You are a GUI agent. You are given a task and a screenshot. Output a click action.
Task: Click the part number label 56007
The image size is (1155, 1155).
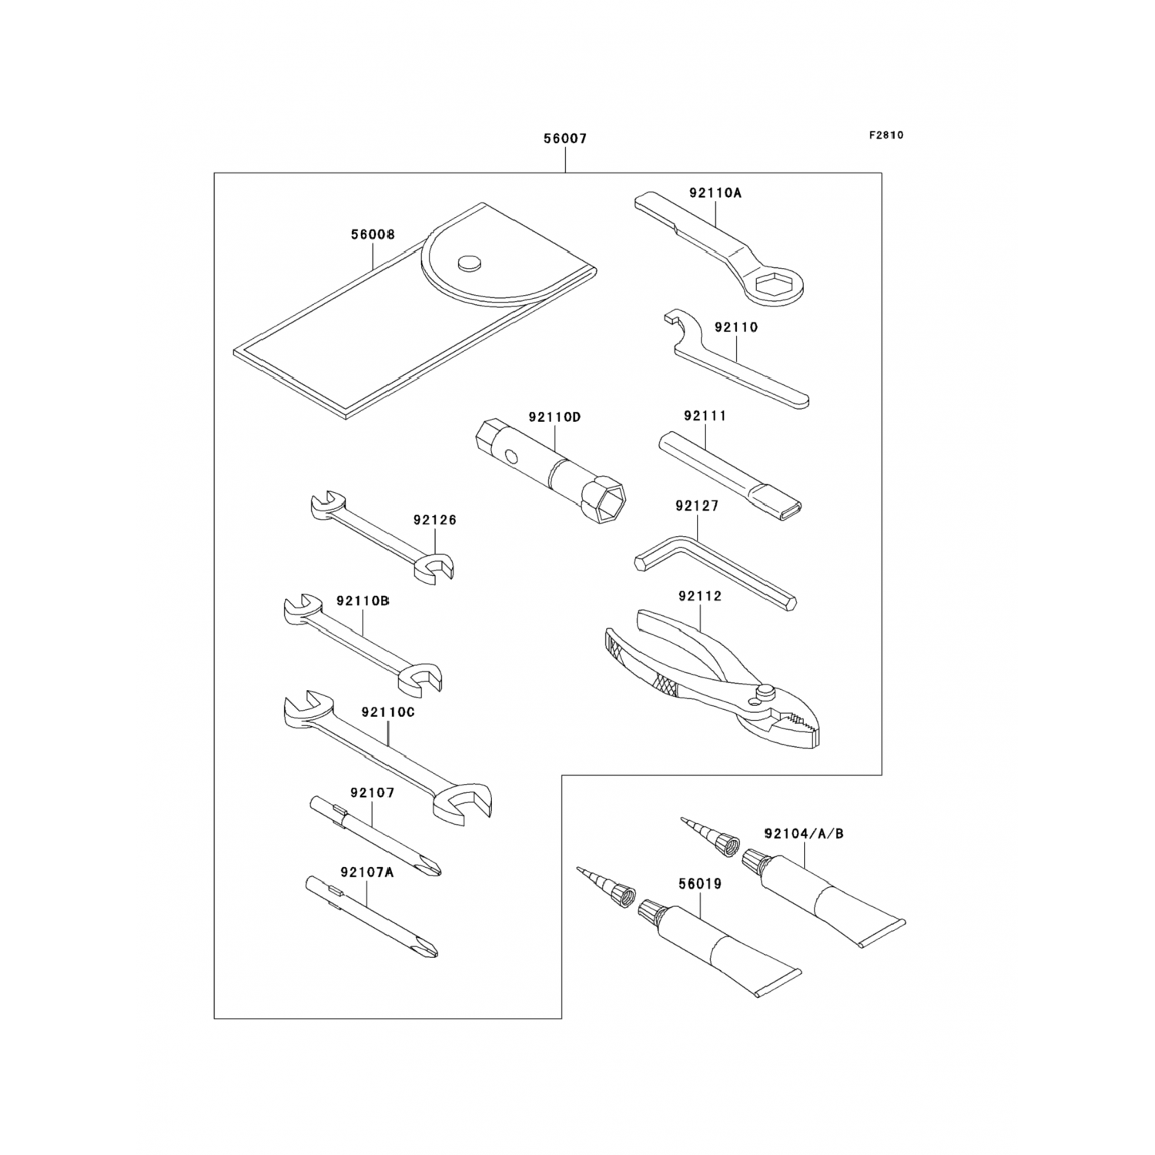pos(565,139)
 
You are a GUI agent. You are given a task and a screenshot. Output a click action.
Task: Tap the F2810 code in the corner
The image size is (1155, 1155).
pos(886,136)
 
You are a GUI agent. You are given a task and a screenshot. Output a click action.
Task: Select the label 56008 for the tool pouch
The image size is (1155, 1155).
pos(373,235)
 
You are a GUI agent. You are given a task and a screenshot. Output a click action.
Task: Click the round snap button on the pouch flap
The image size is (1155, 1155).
pos(467,263)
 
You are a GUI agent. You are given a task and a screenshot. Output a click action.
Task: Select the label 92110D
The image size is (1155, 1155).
pos(554,417)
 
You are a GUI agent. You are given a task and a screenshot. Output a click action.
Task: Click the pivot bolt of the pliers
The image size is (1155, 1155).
pos(766,691)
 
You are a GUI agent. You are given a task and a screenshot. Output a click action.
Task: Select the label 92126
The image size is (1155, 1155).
pos(434,521)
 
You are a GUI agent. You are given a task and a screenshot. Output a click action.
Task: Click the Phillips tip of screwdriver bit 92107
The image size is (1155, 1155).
pos(428,869)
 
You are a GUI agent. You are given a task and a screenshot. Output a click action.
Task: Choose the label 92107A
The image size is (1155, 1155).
pos(367,872)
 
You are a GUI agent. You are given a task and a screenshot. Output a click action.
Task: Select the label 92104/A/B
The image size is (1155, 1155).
pos(804,834)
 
